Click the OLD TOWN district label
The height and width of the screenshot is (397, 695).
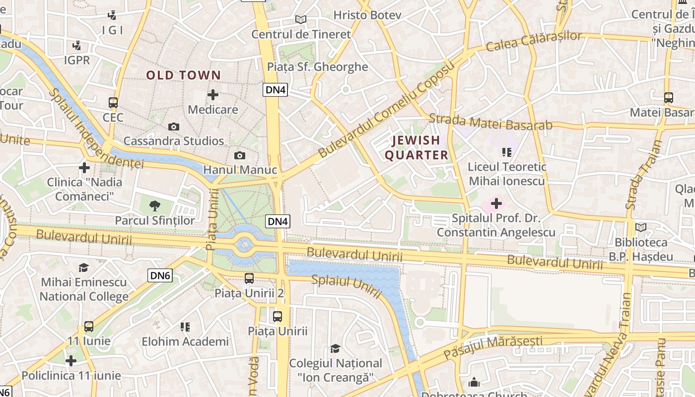pos(183,75)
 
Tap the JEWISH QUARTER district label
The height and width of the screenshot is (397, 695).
pos(417,148)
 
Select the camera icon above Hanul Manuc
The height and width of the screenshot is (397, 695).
pos(240,156)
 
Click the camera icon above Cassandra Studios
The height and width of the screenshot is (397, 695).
pos(173,127)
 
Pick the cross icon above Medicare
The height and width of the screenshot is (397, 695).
pos(213,95)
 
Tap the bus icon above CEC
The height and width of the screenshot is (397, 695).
pos(113,103)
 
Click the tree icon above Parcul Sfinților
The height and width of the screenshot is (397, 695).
pos(155,205)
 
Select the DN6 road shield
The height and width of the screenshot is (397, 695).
pos(160,275)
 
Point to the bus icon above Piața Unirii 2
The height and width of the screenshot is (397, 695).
pos(249,278)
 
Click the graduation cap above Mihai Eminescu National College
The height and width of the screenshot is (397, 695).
pos(83,268)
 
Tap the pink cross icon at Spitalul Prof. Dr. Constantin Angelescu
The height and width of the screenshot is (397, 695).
pos(496,203)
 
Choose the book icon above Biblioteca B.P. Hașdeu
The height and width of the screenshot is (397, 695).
pos(641,228)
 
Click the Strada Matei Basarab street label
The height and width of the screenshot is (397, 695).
pos(490,122)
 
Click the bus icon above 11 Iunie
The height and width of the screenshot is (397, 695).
pos(89,327)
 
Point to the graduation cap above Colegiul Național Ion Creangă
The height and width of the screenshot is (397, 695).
pos(336,348)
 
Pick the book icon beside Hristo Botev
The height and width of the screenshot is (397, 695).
pos(300,20)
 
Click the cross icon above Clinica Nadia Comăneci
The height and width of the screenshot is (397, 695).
pos(84,168)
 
